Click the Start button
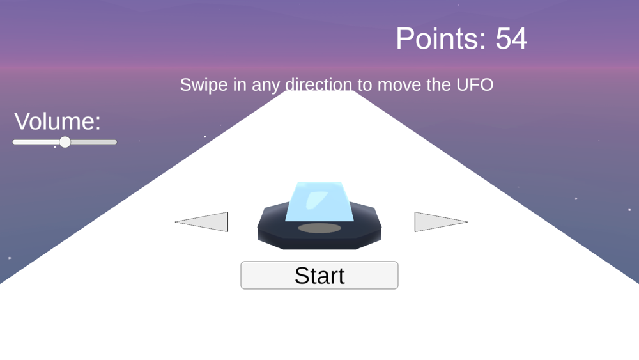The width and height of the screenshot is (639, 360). coord(319,275)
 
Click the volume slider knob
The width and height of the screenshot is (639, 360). coord(65,142)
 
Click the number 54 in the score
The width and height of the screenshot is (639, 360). coord(511,39)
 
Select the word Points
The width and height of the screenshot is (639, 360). coord(441,39)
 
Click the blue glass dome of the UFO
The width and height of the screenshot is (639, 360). coord(319,201)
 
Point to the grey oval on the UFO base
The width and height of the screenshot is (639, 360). coord(319,228)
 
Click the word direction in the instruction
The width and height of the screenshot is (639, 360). coord(319,85)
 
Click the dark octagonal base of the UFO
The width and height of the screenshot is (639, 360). coord(319,237)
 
